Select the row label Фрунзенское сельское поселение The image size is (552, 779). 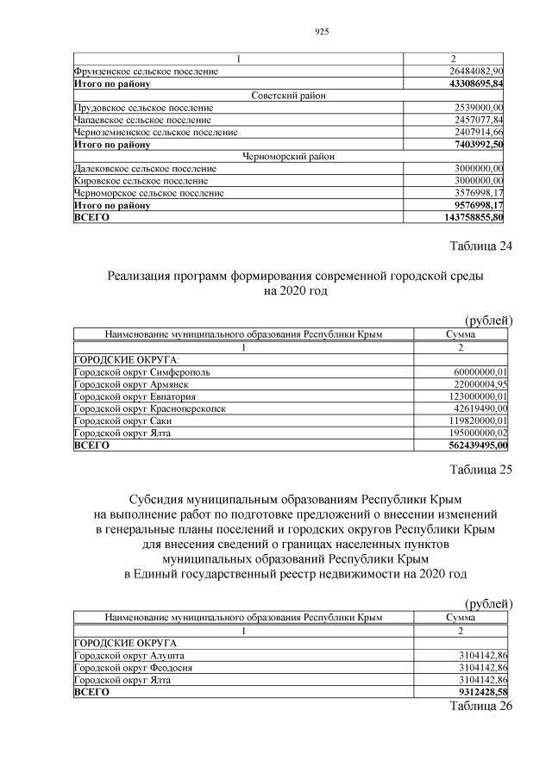[146, 71]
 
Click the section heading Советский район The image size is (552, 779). [288, 96]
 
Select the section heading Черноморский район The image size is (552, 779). [288, 157]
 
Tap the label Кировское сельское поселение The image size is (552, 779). [141, 181]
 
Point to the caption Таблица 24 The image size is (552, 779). [481, 247]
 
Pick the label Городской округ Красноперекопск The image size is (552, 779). [150, 408]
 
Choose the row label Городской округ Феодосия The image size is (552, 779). [134, 667]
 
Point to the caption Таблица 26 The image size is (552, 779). [481, 706]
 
